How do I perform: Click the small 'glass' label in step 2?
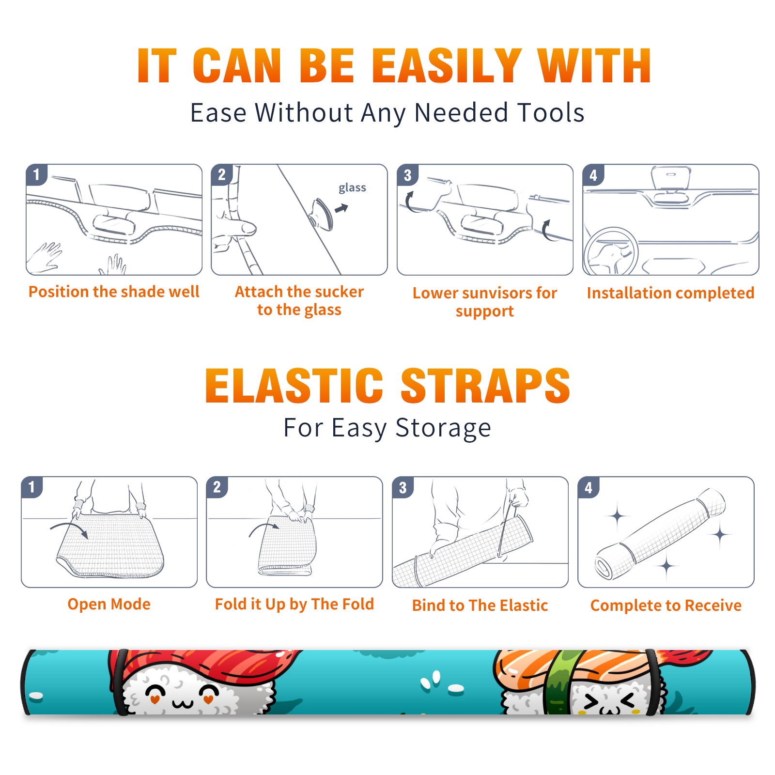tap(352, 188)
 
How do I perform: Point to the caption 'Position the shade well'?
tap(114, 292)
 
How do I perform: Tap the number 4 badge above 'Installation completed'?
tap(593, 175)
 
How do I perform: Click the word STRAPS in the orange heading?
tap(485, 386)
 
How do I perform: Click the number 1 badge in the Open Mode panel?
tap(32, 487)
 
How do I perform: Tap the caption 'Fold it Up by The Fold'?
tap(294, 604)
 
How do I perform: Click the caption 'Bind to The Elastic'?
tap(480, 605)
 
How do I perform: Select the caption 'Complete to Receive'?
tap(666, 605)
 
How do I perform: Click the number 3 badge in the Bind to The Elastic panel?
tap(403, 487)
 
